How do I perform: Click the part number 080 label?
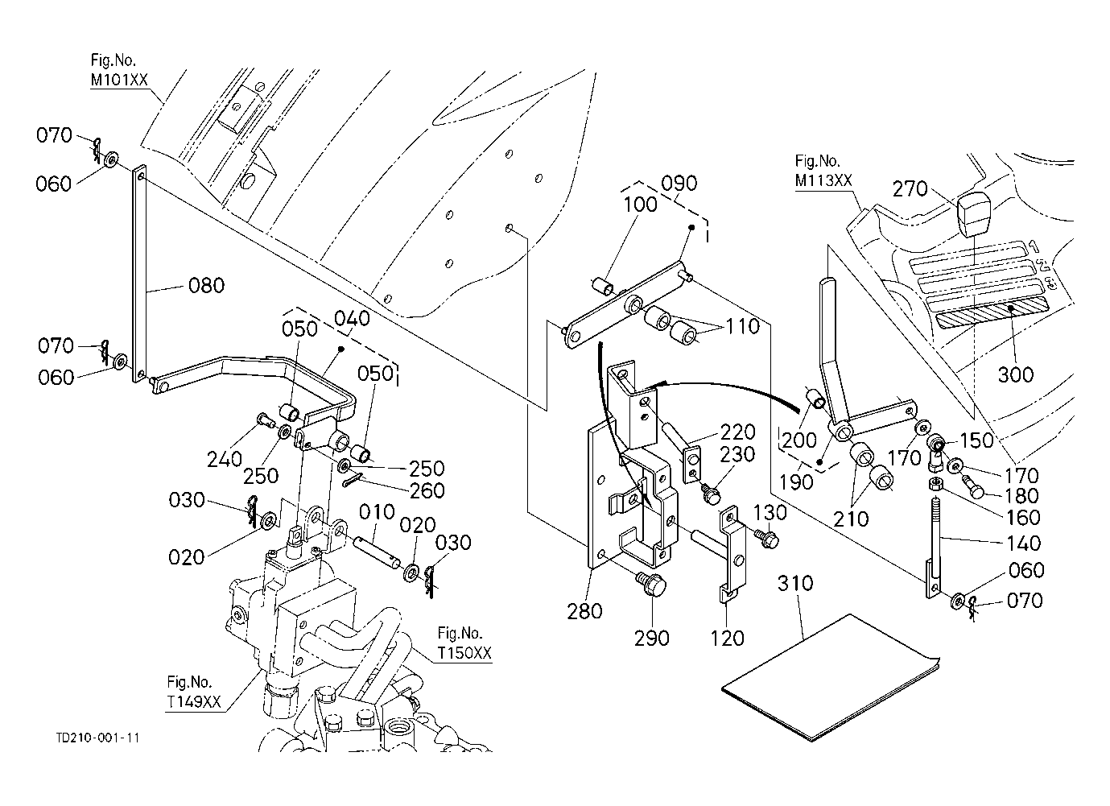tap(207, 285)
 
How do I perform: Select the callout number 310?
tap(795, 583)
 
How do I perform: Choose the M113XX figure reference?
tap(823, 180)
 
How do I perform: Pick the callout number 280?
tap(584, 611)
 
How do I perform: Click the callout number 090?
tap(679, 183)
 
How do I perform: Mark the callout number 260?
tap(427, 490)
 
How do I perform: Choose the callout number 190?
tap(795, 482)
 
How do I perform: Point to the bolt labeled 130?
tap(765, 535)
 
